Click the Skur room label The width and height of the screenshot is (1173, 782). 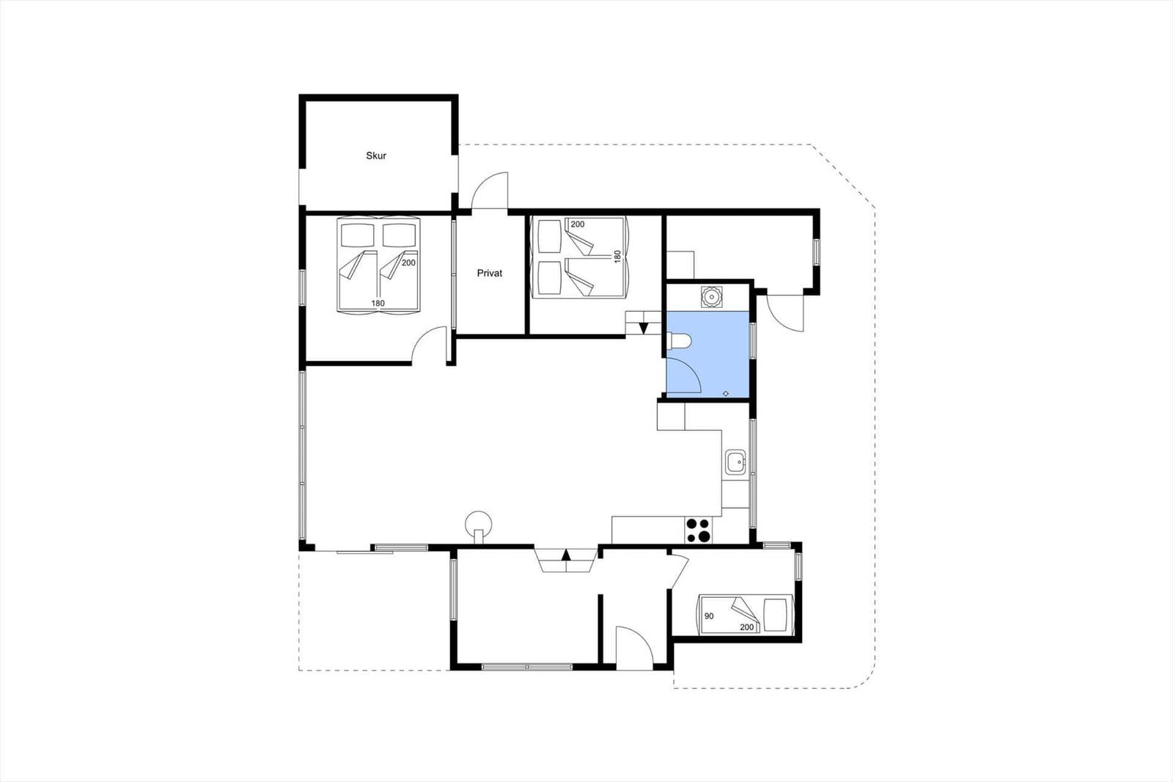coord(376,156)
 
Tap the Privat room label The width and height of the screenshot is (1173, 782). coord(490,273)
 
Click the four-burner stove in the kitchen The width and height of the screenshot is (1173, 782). coord(699,530)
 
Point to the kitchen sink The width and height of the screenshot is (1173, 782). coord(737,461)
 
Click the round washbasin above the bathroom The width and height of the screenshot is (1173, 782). coord(712,297)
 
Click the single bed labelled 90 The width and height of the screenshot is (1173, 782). coord(746,614)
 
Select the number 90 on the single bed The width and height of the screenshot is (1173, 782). coord(709,616)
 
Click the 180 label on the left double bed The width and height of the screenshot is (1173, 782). coord(378,303)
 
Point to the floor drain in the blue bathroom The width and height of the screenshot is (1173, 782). coord(726,393)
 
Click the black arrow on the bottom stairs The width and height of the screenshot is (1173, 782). coord(566,555)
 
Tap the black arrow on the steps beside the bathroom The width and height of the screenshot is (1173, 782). coord(644,329)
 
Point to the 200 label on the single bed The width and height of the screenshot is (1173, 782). coord(747,627)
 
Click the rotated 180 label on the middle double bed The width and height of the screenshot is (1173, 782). coord(617,256)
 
